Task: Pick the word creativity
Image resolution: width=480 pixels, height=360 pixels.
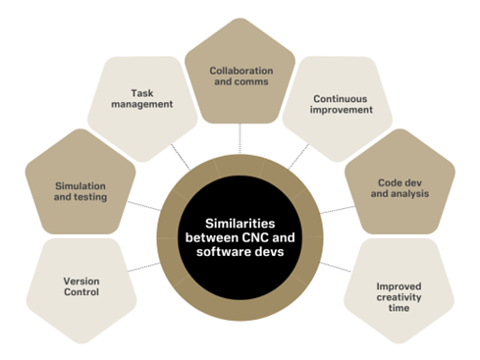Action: click(x=400, y=297)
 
